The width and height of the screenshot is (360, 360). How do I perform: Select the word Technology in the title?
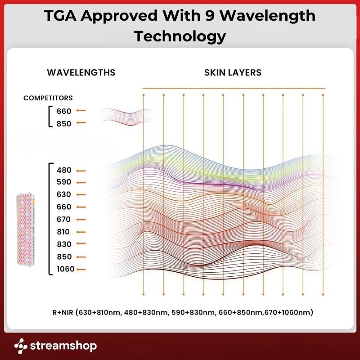(180, 36)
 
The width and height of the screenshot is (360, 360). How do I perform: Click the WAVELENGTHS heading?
(81, 72)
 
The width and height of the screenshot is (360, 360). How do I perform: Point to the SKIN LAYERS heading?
(233, 72)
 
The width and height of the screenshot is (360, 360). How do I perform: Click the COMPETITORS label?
(48, 98)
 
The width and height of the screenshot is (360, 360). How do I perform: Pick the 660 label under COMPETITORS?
(64, 111)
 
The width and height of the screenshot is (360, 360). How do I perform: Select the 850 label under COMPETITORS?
(64, 123)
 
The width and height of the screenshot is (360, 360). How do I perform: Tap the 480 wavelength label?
(64, 171)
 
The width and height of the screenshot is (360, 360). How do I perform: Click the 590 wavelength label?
(64, 183)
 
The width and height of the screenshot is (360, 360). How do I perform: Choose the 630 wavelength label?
(64, 195)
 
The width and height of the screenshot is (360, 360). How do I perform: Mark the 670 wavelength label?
(64, 220)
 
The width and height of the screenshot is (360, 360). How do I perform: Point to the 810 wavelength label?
(64, 232)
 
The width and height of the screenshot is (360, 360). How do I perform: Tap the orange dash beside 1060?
(81, 270)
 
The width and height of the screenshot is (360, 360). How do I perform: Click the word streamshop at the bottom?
(63, 346)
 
